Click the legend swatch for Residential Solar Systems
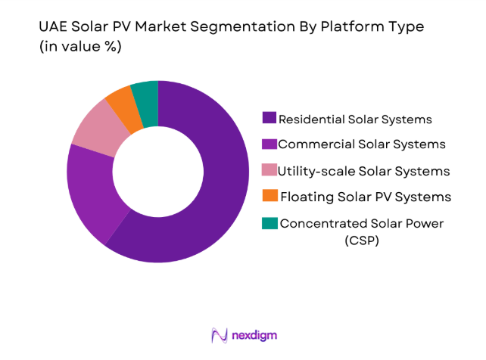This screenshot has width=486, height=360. (x=269, y=118)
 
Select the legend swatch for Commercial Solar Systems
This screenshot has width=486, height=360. (x=269, y=144)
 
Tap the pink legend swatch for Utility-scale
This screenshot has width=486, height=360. (x=269, y=170)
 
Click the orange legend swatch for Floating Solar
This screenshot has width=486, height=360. (x=269, y=197)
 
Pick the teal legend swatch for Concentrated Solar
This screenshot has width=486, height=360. (x=269, y=223)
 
